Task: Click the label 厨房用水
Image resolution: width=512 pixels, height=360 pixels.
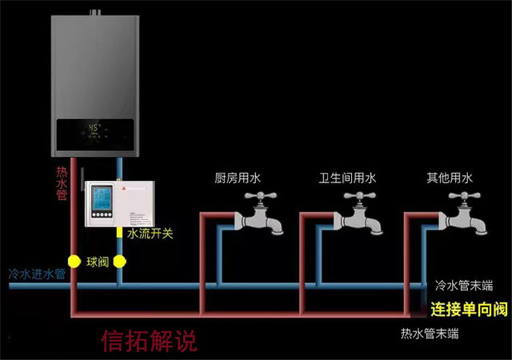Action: coord(238,178)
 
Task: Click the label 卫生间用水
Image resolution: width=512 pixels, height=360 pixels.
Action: coord(347,178)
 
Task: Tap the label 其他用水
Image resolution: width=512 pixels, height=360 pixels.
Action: coord(450,178)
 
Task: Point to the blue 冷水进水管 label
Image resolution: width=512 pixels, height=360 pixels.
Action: coord(37,274)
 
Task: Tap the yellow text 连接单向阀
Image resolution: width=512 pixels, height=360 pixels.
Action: coord(468,308)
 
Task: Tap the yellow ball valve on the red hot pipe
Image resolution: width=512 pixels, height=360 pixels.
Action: coord(73,260)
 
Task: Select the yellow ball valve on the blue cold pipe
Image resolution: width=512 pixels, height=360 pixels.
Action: coord(121,260)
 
